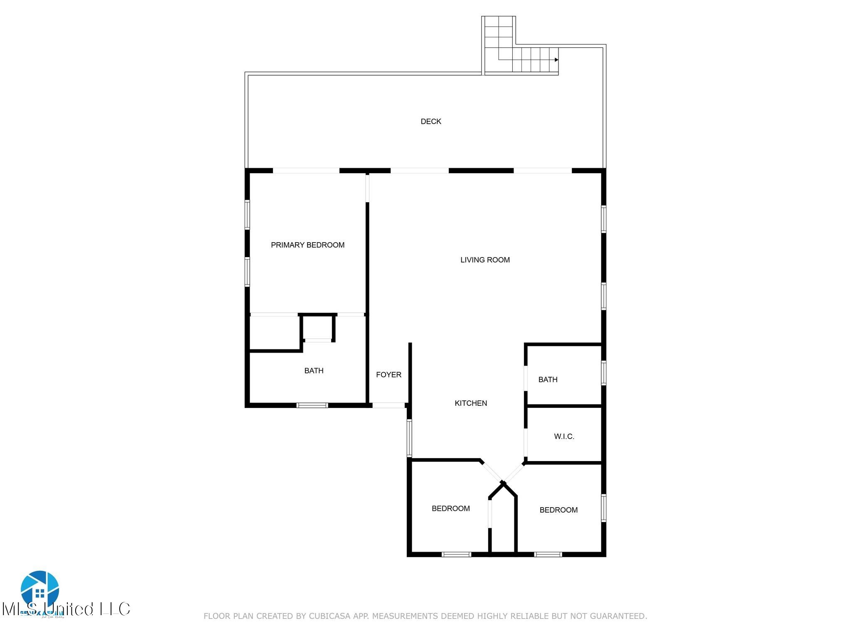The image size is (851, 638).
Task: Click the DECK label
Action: pyautogui.click(x=431, y=121)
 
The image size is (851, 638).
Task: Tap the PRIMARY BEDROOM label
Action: pyautogui.click(x=307, y=245)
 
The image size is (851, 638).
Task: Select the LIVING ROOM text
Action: pyautogui.click(x=485, y=260)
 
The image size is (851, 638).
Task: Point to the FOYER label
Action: pyautogui.click(x=389, y=375)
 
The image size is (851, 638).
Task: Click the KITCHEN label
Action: pyautogui.click(x=471, y=403)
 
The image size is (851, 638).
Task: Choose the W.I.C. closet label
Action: pyautogui.click(x=564, y=437)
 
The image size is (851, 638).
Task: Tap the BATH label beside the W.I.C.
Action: pyautogui.click(x=548, y=379)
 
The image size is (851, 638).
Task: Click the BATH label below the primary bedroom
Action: pyautogui.click(x=314, y=371)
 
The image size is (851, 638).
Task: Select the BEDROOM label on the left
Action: pyautogui.click(x=450, y=508)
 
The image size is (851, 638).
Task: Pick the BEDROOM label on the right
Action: pyautogui.click(x=558, y=510)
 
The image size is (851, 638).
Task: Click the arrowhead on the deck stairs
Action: pyautogui.click(x=556, y=60)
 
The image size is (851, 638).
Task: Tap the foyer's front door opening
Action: pyautogui.click(x=389, y=405)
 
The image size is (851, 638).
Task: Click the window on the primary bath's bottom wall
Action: pyautogui.click(x=312, y=405)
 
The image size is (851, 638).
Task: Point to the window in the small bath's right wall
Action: pyautogui.click(x=603, y=373)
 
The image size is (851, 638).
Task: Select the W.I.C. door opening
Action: pyautogui.click(x=526, y=442)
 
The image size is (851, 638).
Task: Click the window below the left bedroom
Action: pyautogui.click(x=456, y=554)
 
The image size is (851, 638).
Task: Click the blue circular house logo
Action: pyautogui.click(x=40, y=589)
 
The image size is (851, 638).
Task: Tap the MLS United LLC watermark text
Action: pyautogui.click(x=66, y=609)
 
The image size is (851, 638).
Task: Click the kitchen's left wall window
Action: pyautogui.click(x=409, y=438)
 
